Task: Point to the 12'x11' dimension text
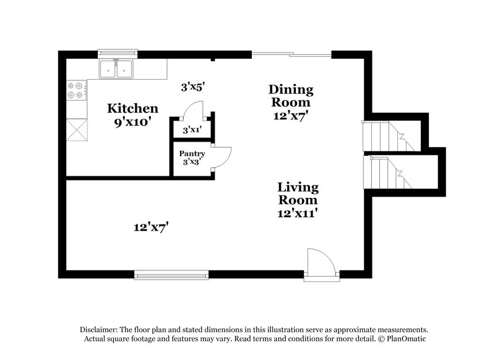pyautogui.click(x=298, y=213)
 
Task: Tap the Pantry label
pyautogui.click(x=192, y=153)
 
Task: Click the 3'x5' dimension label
pyautogui.click(x=192, y=88)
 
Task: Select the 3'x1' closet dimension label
pyautogui.click(x=192, y=130)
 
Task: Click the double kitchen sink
pyautogui.click(x=116, y=69)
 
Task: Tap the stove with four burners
pyautogui.click(x=76, y=91)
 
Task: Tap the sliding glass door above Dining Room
pyautogui.click(x=291, y=54)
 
